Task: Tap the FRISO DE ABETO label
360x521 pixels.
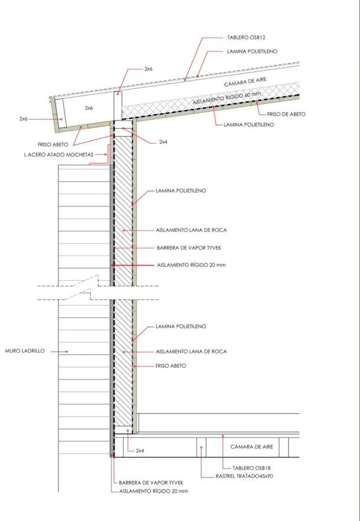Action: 286,114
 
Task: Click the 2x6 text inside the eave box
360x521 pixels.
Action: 89,109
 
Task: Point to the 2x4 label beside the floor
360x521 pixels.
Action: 140,450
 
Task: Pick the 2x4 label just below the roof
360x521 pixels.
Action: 163,142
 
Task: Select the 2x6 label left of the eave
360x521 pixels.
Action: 23,119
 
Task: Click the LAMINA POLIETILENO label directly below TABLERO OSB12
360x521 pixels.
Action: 252,51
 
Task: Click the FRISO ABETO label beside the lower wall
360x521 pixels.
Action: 171,366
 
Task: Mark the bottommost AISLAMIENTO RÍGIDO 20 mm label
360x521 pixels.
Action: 153,491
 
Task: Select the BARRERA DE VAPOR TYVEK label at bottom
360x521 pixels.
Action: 151,481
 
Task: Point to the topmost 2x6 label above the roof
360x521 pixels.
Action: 148,69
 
